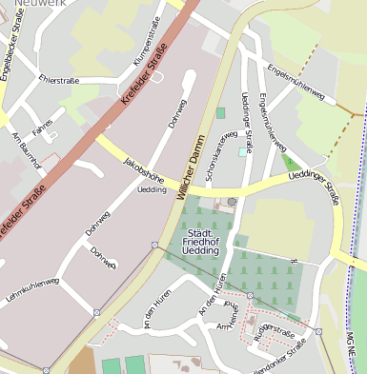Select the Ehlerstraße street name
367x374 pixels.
58,81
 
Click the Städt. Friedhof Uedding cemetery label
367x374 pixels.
201,242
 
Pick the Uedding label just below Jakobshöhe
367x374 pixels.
152,189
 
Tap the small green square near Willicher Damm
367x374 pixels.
220,112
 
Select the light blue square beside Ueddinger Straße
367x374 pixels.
242,150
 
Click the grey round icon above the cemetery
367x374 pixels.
232,202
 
